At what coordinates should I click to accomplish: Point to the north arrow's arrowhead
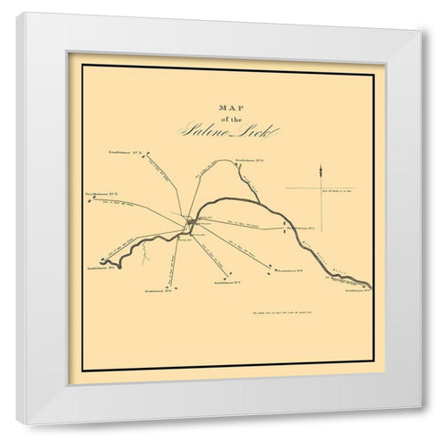(320, 169)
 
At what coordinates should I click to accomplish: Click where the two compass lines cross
(320, 188)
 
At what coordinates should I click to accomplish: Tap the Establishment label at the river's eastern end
(358, 290)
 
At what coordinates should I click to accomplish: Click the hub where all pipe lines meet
(189, 221)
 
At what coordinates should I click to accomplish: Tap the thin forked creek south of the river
(146, 255)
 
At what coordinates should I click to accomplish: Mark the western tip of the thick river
(102, 261)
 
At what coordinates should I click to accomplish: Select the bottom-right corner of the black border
(373, 370)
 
